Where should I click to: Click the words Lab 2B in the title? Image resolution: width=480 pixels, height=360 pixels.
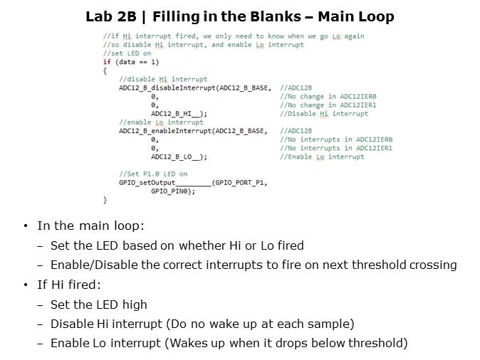coord(111,16)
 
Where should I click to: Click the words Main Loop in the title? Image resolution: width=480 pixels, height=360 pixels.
coord(356,17)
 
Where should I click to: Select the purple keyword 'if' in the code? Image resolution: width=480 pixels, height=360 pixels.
coord(107,62)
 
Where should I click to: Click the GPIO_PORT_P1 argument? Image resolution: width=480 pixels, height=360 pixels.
coord(239,183)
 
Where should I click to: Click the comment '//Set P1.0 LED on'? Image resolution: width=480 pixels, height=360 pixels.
coord(153,174)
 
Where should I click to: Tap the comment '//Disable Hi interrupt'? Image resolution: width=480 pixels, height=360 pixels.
coord(324,114)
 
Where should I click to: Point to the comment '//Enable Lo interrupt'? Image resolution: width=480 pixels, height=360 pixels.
coord(322,157)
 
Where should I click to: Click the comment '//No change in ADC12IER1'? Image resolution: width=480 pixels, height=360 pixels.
coord(328,105)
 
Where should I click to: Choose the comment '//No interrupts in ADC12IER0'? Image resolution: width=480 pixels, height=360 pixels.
coord(336,139)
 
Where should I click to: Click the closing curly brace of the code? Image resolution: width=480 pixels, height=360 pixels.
coord(105,200)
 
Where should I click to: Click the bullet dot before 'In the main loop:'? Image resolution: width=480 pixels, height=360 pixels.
coord(26,226)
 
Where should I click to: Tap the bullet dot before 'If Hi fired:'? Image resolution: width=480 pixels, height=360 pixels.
coord(26,285)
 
